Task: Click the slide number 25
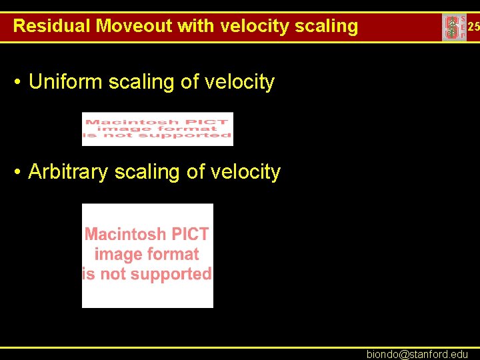click(473, 27)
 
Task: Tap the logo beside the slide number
click(453, 27)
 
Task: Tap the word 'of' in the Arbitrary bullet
click(195, 172)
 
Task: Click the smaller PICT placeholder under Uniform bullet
click(157, 129)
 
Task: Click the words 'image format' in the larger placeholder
click(147, 254)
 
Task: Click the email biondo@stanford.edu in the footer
click(417, 354)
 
